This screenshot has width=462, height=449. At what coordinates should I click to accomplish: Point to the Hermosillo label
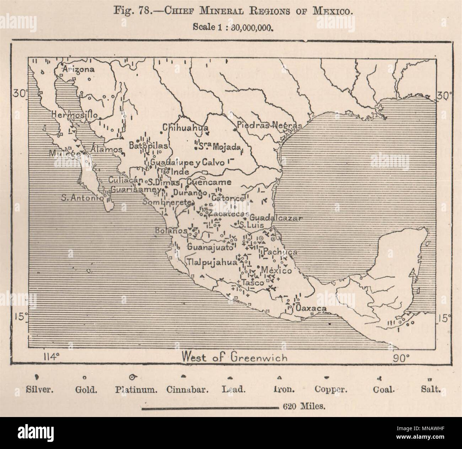click(x=74, y=114)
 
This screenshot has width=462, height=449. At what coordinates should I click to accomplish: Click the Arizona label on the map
click(x=79, y=69)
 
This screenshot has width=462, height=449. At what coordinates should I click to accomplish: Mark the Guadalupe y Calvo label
click(x=187, y=162)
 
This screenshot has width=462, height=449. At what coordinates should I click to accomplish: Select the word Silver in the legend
click(x=40, y=389)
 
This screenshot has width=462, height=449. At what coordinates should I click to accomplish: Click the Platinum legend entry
click(x=136, y=389)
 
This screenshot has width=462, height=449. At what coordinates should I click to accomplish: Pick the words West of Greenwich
click(x=234, y=357)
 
